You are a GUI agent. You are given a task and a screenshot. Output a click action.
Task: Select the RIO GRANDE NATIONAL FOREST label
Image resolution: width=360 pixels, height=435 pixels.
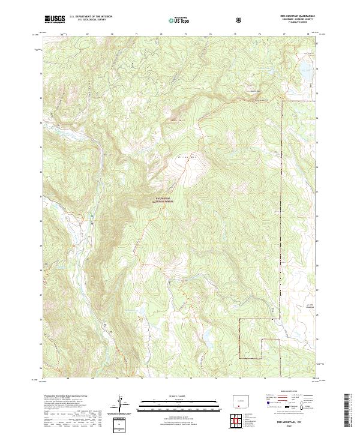163,200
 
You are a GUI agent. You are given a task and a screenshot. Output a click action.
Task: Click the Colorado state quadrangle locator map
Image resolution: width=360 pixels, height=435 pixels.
239,400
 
